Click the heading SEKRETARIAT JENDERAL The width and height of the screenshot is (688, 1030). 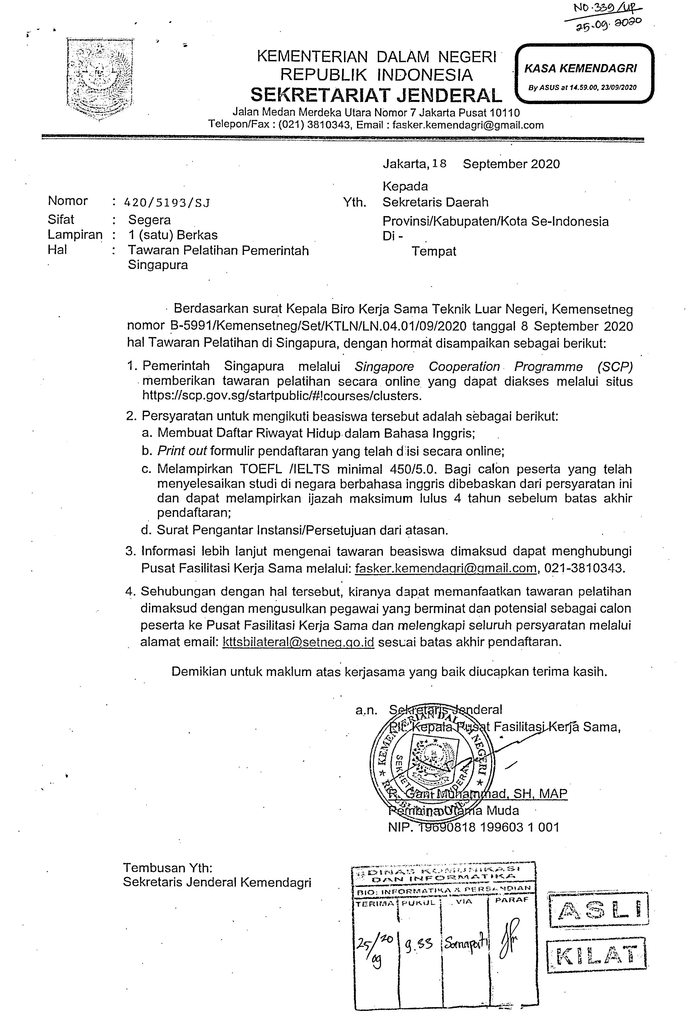coord(376,95)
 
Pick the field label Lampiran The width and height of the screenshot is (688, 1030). coord(75,235)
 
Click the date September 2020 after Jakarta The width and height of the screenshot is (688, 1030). coord(511,164)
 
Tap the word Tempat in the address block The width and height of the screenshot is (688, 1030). coord(434,252)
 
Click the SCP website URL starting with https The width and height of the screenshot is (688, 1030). coord(282,396)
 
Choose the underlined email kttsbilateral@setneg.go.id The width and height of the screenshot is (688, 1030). coord(298,642)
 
